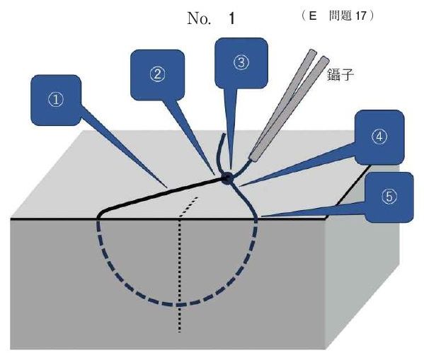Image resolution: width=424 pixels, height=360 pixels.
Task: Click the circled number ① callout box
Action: coord(56,100)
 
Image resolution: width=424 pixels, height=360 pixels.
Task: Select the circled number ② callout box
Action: coord(157,75)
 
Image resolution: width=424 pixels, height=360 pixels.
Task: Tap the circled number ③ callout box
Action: coord(241,63)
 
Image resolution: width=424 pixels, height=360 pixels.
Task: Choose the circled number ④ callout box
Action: coord(379,137)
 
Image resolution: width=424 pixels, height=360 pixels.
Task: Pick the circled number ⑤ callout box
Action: coord(389,197)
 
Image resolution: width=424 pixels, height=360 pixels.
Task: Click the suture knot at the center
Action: coord(227,178)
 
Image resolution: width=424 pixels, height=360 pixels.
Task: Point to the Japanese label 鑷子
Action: coord(340,75)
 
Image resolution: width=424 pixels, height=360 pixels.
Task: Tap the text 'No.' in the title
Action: coord(199,18)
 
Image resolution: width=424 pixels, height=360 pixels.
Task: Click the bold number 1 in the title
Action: coord(231,19)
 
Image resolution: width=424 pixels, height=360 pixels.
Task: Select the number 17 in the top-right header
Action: coord(361,16)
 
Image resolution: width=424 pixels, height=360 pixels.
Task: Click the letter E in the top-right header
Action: coord(313,16)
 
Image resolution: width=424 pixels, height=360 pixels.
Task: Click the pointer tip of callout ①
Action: coord(167,187)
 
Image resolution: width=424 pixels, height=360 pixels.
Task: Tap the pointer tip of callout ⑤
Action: coord(260,216)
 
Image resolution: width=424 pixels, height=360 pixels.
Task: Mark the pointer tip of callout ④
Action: coord(239,186)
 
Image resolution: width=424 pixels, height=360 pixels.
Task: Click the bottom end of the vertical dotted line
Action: coord(179,331)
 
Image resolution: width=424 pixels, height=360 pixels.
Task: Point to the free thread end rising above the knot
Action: coord(220,151)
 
